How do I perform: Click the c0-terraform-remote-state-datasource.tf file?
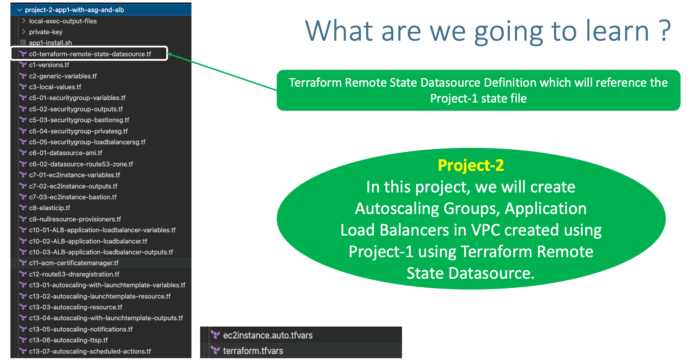tap(90, 54)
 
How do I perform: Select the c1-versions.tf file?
tap(49, 65)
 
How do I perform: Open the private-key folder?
tap(46, 32)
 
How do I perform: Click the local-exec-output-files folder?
tap(63, 21)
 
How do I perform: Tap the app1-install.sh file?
tap(50, 43)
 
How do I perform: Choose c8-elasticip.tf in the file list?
tap(49, 208)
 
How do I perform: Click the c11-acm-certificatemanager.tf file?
tap(73, 263)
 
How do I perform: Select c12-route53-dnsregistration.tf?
tap(74, 274)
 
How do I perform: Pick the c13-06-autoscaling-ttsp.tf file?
tap(68, 340)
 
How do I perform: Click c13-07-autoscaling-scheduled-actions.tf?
tap(90, 351)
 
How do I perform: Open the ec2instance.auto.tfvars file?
tap(267, 335)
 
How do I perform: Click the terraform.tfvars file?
tap(253, 351)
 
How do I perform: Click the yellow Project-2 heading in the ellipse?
tap(471, 165)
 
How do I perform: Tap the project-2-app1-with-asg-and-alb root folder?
tap(74, 10)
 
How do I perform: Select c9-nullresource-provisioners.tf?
tap(75, 219)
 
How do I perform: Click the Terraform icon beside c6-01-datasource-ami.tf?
tap(23, 153)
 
